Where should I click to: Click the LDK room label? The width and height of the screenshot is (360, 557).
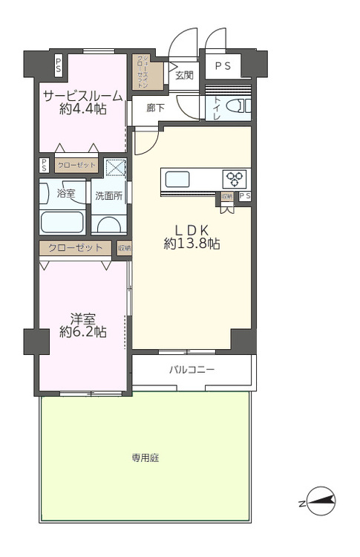(x=191, y=229)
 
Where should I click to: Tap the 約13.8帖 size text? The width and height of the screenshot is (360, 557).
(x=191, y=243)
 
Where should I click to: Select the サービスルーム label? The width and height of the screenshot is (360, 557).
(x=82, y=96)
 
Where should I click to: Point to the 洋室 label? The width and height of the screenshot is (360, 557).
(x=82, y=318)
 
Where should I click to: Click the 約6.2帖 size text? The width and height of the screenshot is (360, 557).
(x=82, y=332)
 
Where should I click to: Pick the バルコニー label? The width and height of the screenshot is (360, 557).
(x=192, y=369)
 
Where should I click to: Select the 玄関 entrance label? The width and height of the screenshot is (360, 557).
(x=184, y=75)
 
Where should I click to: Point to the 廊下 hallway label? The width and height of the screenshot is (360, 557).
(x=155, y=107)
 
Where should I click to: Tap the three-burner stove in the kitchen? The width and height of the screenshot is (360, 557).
(x=235, y=178)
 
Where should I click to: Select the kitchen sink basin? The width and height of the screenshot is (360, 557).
(x=177, y=179)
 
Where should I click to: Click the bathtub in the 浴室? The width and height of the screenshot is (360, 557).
(x=63, y=222)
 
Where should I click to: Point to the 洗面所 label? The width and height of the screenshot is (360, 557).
(x=108, y=196)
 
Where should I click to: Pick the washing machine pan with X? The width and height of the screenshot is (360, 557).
(x=116, y=169)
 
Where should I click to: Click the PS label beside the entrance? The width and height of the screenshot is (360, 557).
(x=223, y=65)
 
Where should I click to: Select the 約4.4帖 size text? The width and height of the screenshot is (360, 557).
(x=82, y=109)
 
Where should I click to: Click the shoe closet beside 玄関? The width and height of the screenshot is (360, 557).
(x=141, y=71)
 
